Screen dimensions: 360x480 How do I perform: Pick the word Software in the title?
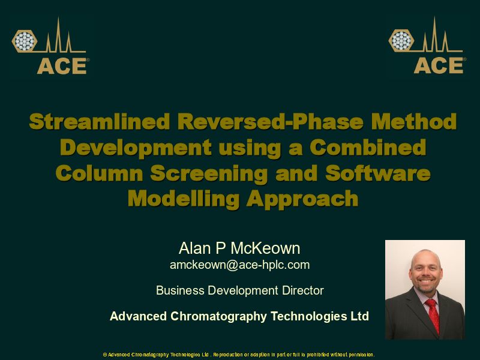(377, 173)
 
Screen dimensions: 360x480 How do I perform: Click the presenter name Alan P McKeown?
(239, 248)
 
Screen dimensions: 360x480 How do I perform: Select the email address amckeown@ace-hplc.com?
(239, 265)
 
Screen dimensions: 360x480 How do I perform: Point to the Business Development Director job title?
(239, 290)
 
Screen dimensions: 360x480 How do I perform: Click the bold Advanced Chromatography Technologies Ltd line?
(239, 316)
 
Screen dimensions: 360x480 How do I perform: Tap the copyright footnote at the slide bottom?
(239, 355)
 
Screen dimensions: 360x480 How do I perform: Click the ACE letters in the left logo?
(62, 66)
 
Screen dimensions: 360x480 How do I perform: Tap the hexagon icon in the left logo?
(25, 41)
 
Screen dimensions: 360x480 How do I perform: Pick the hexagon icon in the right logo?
(401, 41)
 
